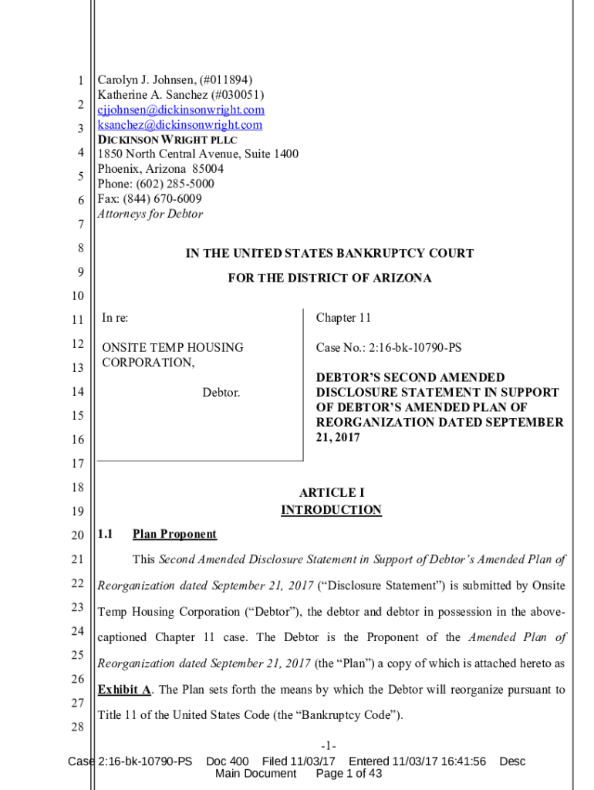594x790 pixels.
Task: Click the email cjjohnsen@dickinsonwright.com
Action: click(181, 110)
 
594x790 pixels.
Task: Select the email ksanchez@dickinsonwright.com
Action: click(180, 125)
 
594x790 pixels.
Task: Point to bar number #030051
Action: click(239, 95)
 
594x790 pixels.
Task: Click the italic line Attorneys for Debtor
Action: click(150, 214)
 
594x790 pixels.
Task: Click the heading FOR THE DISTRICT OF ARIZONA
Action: click(329, 278)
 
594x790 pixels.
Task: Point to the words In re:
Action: click(116, 318)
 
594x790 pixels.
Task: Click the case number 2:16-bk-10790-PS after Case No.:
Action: click(416, 348)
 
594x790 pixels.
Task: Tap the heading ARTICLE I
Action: click(331, 492)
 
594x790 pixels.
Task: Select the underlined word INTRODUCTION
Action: click(331, 510)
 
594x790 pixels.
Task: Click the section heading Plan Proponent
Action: click(174, 534)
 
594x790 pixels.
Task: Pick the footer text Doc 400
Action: click(228, 761)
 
